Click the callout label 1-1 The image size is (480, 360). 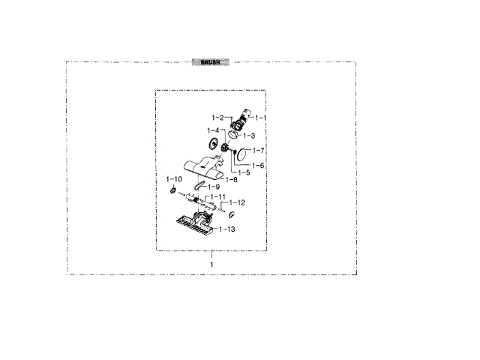click(262, 118)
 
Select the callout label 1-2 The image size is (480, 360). click(217, 118)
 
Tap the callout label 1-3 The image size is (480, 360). click(249, 136)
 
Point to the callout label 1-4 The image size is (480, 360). click(214, 130)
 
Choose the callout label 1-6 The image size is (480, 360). click(257, 165)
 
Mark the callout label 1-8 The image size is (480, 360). click(231, 179)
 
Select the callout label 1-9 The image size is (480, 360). click(214, 186)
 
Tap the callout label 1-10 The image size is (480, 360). click(173, 180)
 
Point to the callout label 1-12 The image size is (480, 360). click(237, 202)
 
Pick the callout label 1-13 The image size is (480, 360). click(227, 229)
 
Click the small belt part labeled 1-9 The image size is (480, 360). click(199, 184)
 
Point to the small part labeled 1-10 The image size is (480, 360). click(173, 190)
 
